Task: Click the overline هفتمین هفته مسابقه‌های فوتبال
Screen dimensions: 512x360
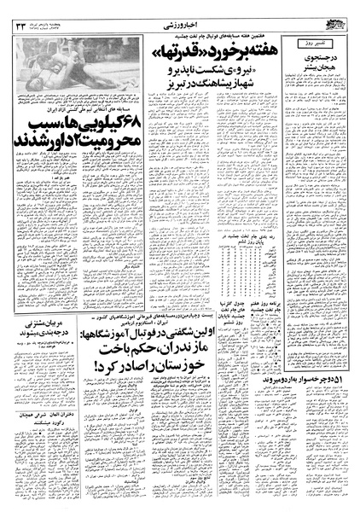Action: point(222,30)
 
